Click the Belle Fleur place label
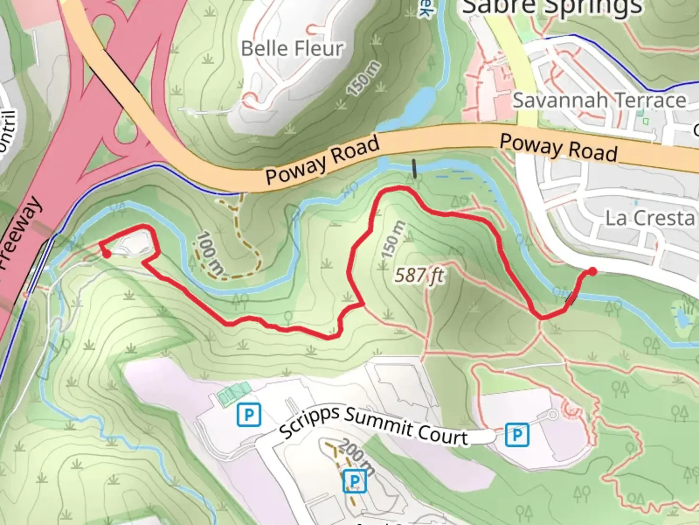click(x=292, y=49)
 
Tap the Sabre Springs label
click(x=552, y=7)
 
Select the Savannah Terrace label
click(x=599, y=101)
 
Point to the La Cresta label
click(x=650, y=218)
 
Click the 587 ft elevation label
click(x=419, y=275)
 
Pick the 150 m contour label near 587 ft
click(x=393, y=240)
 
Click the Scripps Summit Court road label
click(x=373, y=424)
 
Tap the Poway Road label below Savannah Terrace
click(x=558, y=148)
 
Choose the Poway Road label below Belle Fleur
click(x=322, y=160)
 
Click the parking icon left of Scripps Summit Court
click(x=249, y=415)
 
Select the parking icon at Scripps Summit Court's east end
click(x=516, y=435)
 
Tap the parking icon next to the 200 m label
click(x=354, y=482)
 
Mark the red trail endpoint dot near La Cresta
click(x=592, y=271)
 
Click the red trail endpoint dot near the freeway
click(x=106, y=253)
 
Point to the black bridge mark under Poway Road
click(x=414, y=169)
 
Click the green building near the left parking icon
click(x=234, y=394)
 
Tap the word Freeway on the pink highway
click(x=20, y=233)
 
